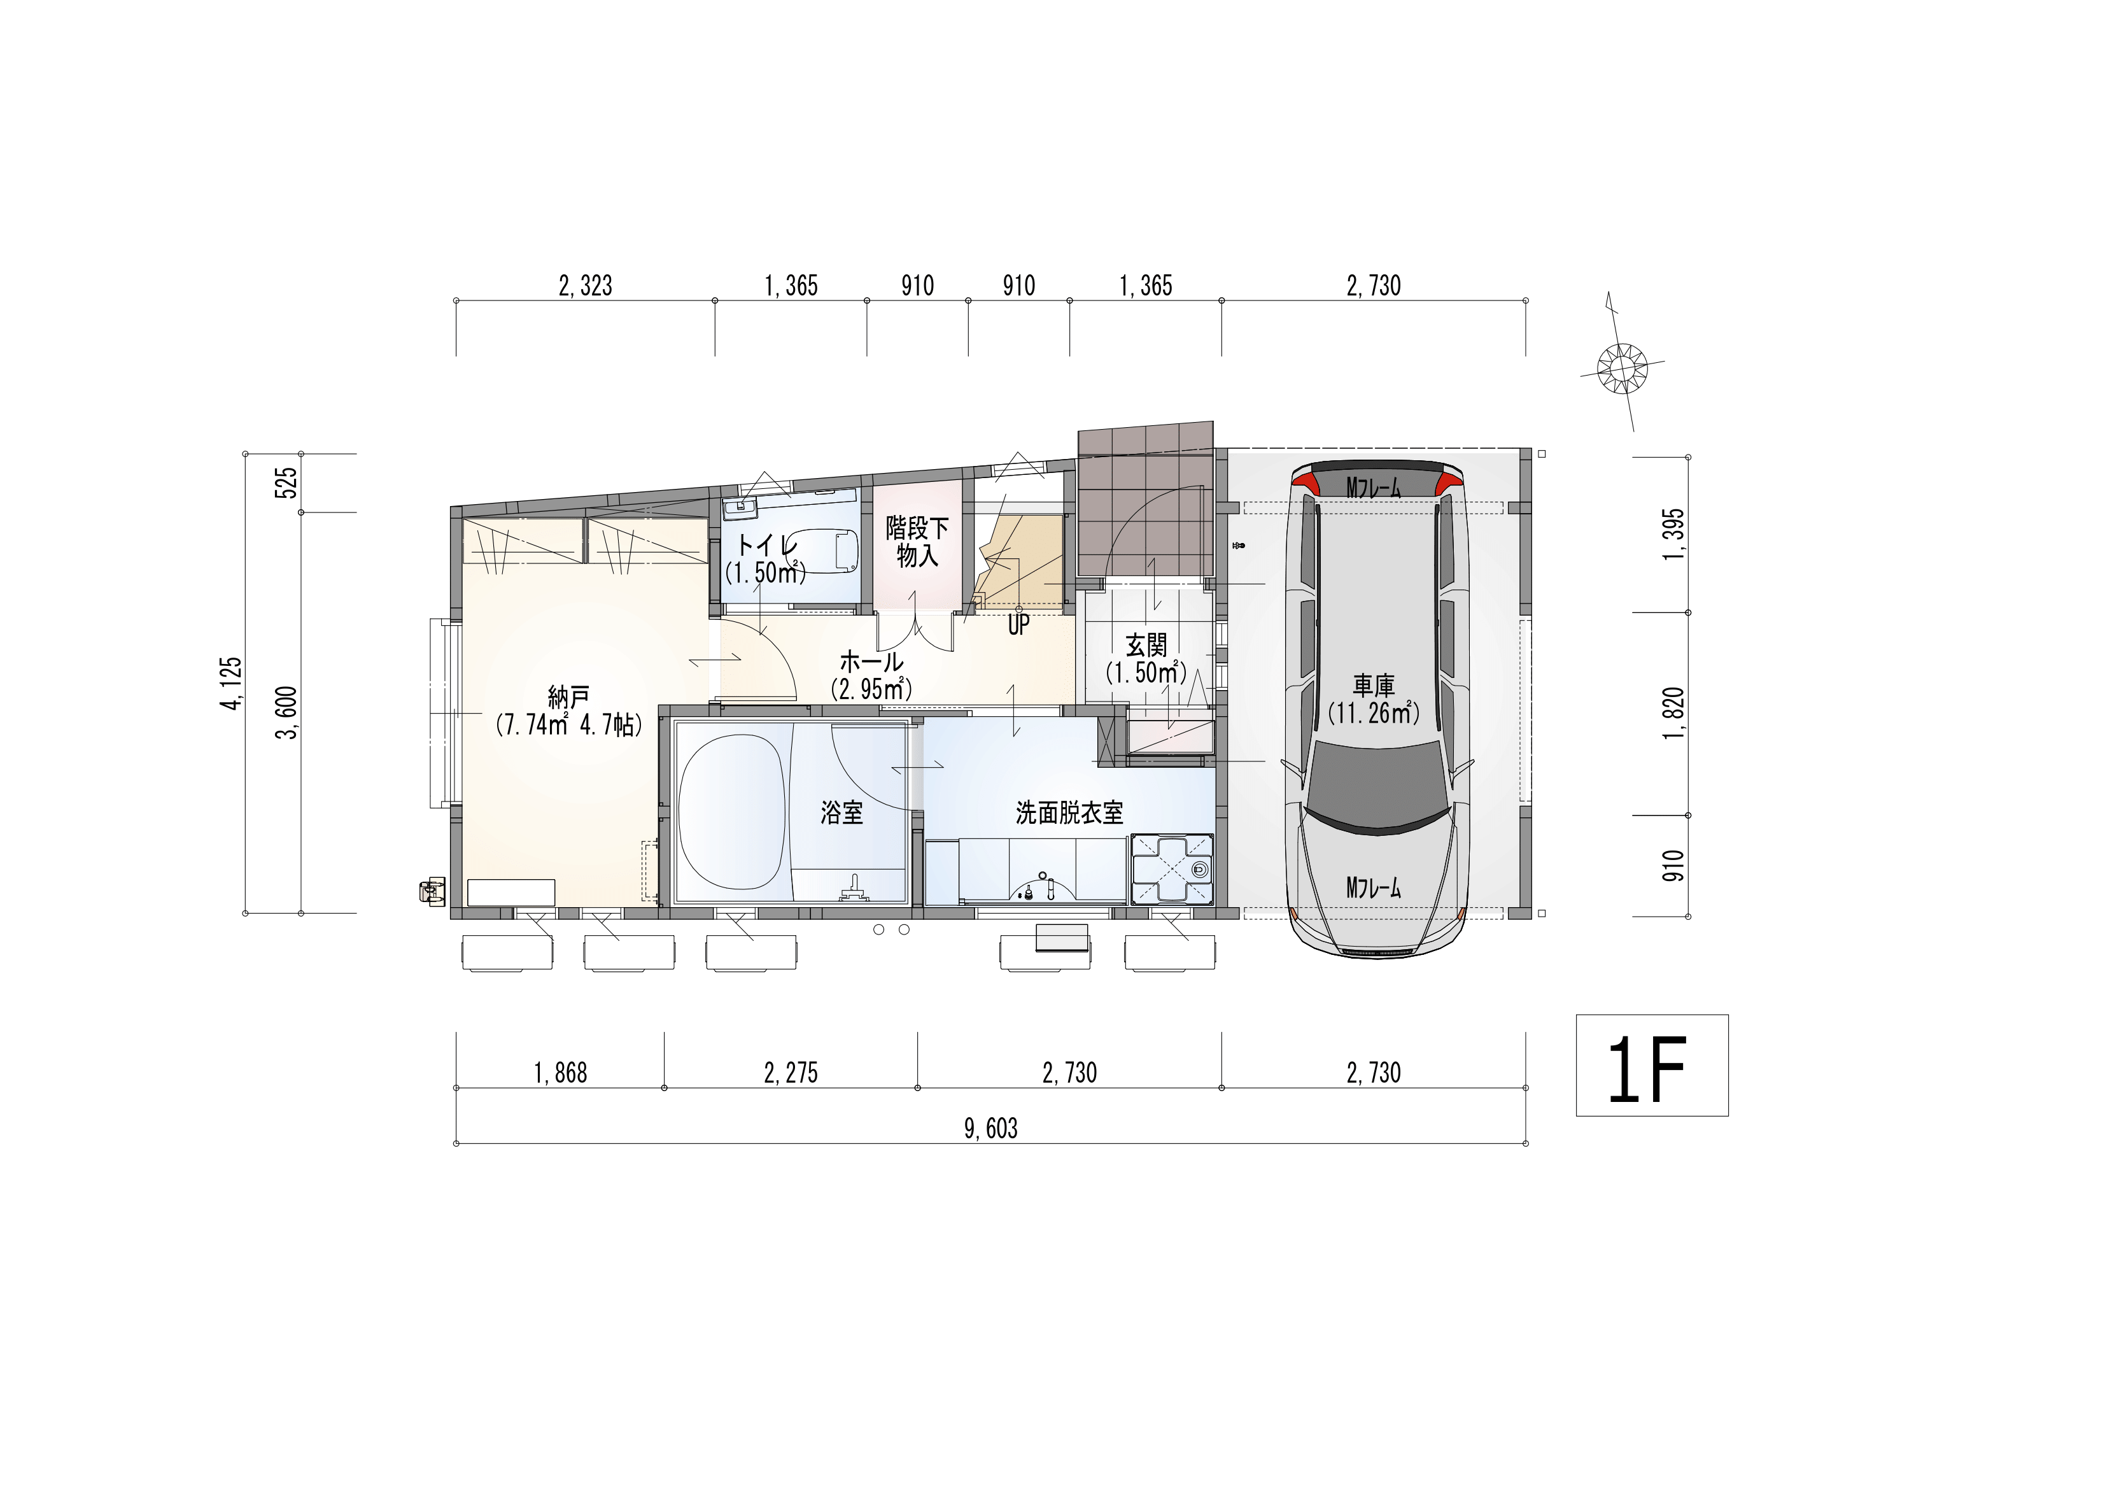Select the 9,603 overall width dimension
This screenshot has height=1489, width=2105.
990,1129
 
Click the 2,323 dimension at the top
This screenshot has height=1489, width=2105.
585,286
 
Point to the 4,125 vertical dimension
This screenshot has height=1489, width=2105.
231,683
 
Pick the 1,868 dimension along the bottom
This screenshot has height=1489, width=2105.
560,1073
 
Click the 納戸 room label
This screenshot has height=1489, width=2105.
568,698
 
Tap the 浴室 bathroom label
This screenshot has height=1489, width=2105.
841,812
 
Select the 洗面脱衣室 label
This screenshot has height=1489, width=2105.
1069,812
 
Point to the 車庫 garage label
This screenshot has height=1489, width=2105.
1374,685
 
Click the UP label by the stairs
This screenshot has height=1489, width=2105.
1018,625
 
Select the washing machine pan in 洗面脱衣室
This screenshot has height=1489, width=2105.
1174,869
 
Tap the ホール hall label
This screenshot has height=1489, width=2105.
871,661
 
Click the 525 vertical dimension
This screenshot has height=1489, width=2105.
287,483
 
